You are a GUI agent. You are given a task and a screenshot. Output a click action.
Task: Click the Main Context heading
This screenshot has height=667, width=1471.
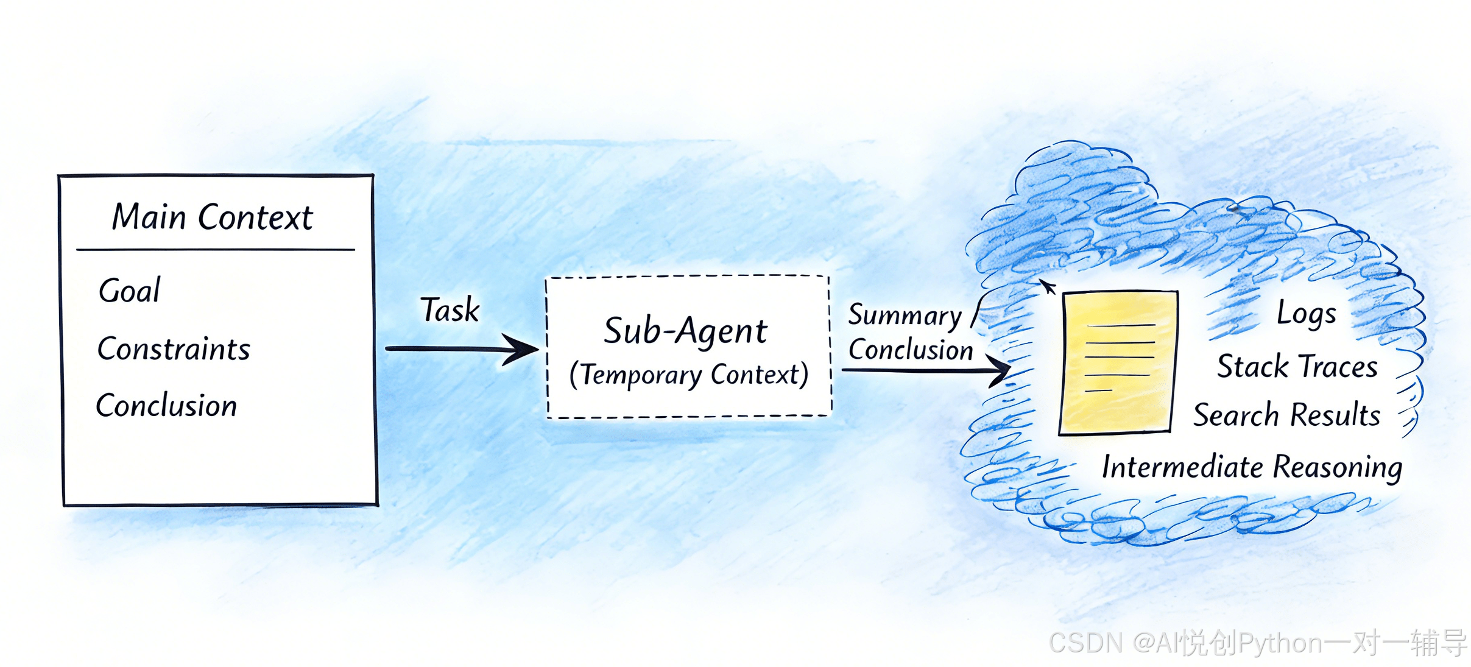[212, 217]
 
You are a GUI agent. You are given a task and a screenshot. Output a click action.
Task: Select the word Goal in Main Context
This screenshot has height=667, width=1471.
[130, 290]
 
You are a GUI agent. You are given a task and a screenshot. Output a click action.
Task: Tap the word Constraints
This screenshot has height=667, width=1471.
[174, 349]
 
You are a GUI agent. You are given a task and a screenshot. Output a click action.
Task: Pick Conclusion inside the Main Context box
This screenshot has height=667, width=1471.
[166, 406]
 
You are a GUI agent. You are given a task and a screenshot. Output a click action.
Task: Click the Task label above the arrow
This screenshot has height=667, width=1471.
[450, 309]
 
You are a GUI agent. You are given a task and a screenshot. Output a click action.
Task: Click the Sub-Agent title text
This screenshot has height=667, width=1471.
[685, 331]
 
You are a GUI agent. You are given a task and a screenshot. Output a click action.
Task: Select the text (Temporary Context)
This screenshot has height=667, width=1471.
[689, 375]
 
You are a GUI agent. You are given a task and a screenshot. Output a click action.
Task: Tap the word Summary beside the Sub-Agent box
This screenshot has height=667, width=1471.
[905, 316]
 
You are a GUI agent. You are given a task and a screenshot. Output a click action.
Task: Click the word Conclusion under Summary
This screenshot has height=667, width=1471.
[911, 350]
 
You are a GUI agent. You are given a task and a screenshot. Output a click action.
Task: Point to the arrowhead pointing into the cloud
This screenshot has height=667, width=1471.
[999, 369]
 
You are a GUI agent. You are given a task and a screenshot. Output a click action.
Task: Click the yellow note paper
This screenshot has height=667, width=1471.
[1118, 362]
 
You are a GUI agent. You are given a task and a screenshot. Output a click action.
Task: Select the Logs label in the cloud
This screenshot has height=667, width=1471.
[1307, 314]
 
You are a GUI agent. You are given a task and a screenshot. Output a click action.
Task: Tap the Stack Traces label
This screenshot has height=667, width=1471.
[1297, 366]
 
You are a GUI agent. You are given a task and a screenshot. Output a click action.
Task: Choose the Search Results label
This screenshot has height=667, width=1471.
[1286, 415]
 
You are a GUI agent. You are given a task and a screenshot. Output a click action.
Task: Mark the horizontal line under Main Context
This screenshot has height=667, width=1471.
[216, 249]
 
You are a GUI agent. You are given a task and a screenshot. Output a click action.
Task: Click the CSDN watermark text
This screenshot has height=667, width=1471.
[1258, 643]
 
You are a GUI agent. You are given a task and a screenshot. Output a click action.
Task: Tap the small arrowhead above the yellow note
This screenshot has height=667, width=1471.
[1047, 286]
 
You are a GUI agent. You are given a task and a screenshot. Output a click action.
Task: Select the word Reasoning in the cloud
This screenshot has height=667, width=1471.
[1338, 468]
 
